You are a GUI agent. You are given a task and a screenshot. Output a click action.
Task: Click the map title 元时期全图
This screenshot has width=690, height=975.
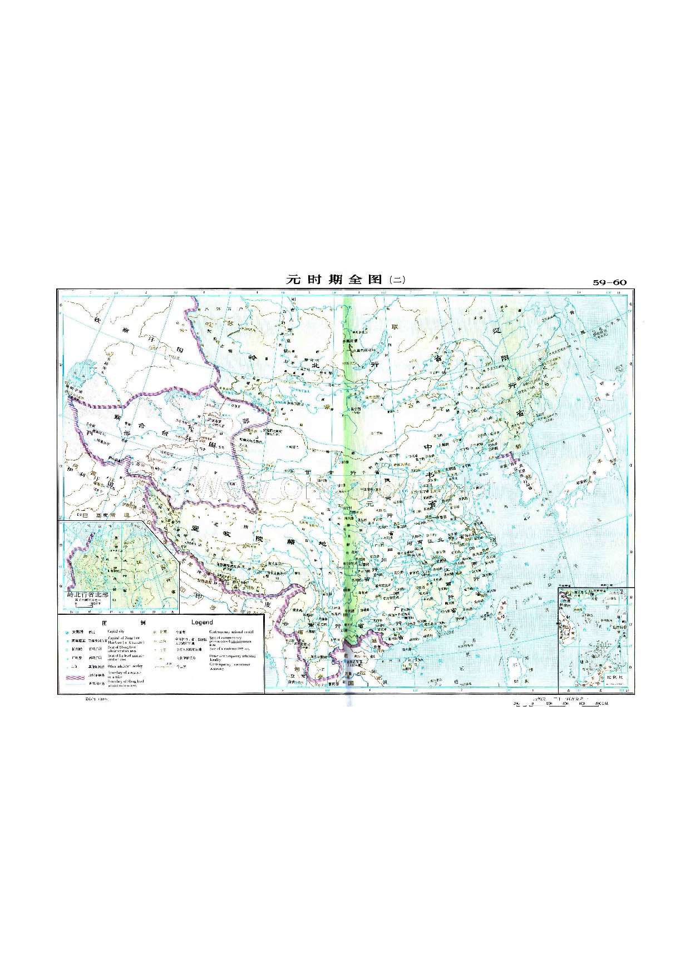pyautogui.click(x=334, y=280)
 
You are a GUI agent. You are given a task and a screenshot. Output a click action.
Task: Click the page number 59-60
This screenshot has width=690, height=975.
pyautogui.click(x=609, y=282)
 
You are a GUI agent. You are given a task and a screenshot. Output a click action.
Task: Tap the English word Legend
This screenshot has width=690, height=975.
pyautogui.click(x=202, y=623)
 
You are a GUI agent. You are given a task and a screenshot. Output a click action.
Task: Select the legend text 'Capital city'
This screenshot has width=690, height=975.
pyautogui.click(x=116, y=632)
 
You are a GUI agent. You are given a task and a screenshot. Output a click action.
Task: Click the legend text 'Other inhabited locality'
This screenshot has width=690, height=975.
pyautogui.click(x=125, y=666)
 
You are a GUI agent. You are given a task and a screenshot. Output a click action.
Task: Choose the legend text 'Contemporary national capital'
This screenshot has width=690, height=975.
pyautogui.click(x=231, y=632)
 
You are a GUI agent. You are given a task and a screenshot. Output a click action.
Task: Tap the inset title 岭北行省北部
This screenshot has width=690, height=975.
pyautogui.click(x=88, y=595)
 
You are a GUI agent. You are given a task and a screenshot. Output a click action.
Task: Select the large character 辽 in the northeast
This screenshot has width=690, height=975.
pyautogui.click(x=497, y=330)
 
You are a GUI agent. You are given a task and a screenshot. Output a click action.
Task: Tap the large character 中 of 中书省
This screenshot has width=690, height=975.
pyautogui.click(x=427, y=447)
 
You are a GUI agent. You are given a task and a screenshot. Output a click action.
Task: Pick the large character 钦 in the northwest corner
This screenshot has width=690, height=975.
pyautogui.click(x=97, y=320)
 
